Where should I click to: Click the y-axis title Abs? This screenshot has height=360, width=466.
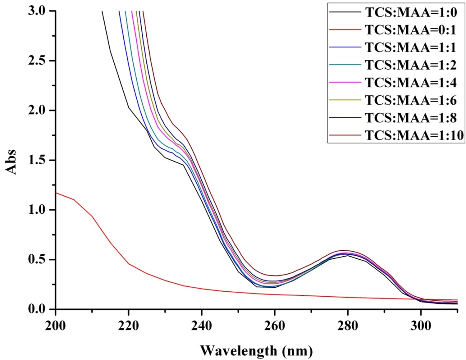(11, 160)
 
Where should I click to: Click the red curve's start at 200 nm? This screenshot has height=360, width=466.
(56, 192)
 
